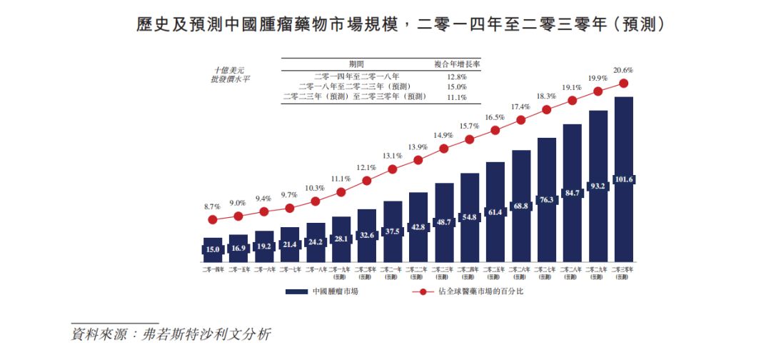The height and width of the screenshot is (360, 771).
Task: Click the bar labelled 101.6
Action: (x=623, y=179)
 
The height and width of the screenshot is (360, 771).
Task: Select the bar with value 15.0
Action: (x=213, y=249)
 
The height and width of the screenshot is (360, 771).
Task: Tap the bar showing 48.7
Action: (x=444, y=221)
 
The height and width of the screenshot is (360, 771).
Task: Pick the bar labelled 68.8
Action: (x=521, y=206)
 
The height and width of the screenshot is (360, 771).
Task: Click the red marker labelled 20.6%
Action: (x=623, y=83)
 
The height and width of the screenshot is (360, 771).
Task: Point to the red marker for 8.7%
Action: (x=213, y=219)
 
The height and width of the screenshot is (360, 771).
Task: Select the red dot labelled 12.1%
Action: (x=367, y=181)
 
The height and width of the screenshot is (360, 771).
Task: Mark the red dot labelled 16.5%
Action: (x=495, y=130)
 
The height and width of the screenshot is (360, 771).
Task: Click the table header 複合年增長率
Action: (x=457, y=64)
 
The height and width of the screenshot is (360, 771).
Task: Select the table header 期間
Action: (x=356, y=64)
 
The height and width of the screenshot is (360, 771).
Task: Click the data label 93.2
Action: (x=598, y=186)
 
